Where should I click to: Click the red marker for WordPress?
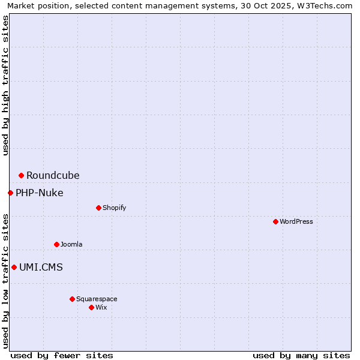pos(275,221)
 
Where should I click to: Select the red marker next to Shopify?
pos(98,208)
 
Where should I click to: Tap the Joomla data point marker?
pos(56,244)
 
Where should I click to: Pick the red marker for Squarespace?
pos(72,299)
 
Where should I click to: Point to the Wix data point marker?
pos(91,307)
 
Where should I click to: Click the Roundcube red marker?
pos(21,175)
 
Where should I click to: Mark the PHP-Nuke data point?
pos(10,193)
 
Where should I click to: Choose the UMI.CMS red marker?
pos(14,267)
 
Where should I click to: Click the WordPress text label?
pos(296,221)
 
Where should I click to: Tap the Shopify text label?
pos(114,208)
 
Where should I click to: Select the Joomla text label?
pos(71,244)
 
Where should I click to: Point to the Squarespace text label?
pos(97,299)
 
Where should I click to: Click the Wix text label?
pos(101,307)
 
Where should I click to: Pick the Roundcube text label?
pos(53,175)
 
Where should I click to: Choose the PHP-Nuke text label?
pos(40,193)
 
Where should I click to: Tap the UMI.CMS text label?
pos(41,267)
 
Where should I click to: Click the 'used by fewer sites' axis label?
pos(62,355)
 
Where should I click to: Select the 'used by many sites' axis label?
pos(301,355)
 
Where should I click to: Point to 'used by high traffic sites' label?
pos(5,85)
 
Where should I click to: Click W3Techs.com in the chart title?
pos(323,5)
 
